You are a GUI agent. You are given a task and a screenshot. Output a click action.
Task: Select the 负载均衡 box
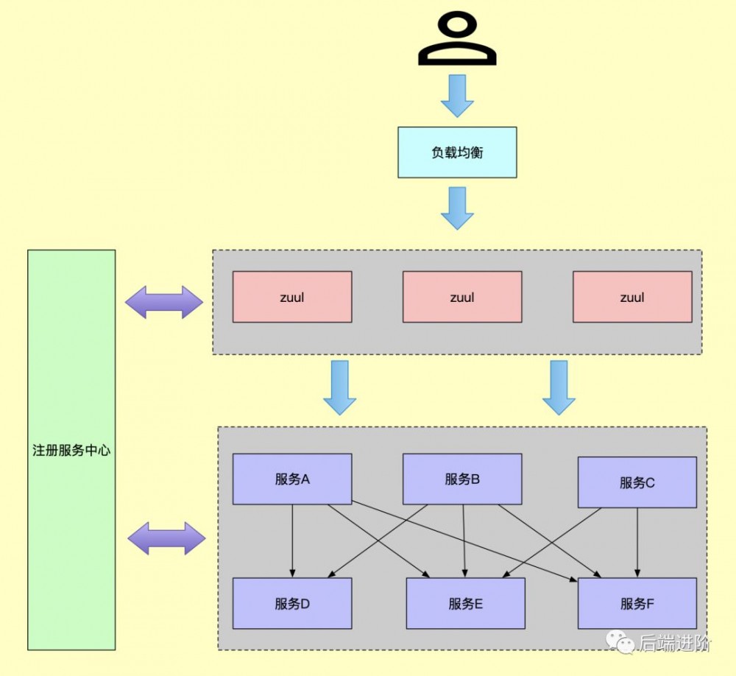(457, 152)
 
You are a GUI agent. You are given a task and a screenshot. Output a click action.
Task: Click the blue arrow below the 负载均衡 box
(457, 208)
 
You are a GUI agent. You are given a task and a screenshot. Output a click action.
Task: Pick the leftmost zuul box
(292, 297)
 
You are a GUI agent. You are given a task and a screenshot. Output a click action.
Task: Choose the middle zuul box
(462, 297)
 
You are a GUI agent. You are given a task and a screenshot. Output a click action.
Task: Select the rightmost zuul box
(632, 297)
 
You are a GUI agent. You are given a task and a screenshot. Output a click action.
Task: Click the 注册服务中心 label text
(71, 450)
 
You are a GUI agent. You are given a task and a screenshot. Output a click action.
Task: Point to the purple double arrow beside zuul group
(163, 302)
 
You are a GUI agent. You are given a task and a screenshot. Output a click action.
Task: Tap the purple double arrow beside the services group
(166, 538)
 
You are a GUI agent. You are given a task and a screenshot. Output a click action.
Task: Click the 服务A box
(292, 479)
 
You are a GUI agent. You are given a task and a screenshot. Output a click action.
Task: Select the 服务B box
(462, 479)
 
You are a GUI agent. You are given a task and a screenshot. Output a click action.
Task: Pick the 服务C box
(637, 482)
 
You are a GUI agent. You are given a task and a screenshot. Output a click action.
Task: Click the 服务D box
(292, 603)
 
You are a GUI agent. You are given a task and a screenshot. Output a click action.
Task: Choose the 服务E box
(465, 603)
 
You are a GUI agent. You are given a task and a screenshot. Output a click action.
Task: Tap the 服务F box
(637, 603)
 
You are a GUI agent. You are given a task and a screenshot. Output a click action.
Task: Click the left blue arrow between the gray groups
(339, 387)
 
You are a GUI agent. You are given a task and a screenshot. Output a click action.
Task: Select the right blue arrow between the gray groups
(559, 387)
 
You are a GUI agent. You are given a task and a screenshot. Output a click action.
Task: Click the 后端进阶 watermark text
(674, 643)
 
